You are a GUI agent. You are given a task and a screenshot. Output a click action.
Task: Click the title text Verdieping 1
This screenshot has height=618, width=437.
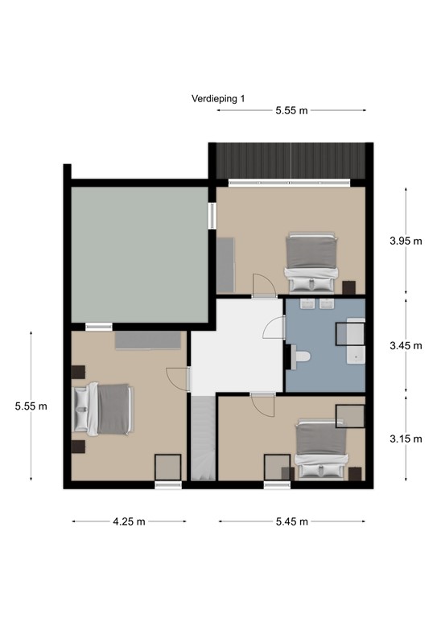coord(218,98)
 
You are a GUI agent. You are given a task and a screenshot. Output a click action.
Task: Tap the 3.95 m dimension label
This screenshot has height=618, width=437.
coord(406,241)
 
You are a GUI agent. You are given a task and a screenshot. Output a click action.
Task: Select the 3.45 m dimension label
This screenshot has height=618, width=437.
coord(406,345)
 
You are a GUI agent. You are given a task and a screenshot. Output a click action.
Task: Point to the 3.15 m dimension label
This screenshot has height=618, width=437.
coord(406,439)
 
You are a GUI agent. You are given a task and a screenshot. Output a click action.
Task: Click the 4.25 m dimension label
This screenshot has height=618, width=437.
coord(129,521)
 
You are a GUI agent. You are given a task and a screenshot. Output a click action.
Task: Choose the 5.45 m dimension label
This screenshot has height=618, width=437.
coord(292,521)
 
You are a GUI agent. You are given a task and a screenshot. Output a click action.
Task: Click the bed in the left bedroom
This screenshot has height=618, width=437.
coord(102,410)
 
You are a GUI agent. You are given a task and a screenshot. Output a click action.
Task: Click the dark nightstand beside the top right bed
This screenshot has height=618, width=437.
coord(348,287)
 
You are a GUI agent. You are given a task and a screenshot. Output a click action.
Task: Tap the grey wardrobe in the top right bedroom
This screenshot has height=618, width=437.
coord(226,264)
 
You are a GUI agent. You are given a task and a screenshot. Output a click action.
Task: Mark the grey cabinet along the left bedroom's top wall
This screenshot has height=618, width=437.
coord(147,340)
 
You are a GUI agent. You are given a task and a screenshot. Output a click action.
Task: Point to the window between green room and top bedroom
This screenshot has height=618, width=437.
coord(212,216)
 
